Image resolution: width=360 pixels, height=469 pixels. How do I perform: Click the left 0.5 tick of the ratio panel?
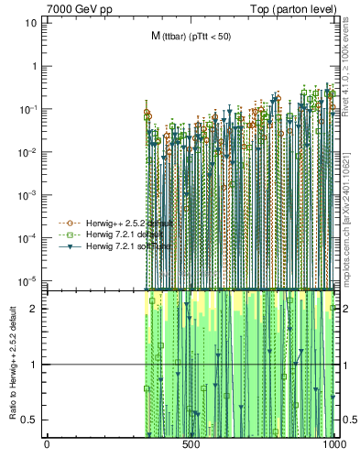(x=29, y=420)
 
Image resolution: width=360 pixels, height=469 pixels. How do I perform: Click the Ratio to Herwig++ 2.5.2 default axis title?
(x=12, y=365)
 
